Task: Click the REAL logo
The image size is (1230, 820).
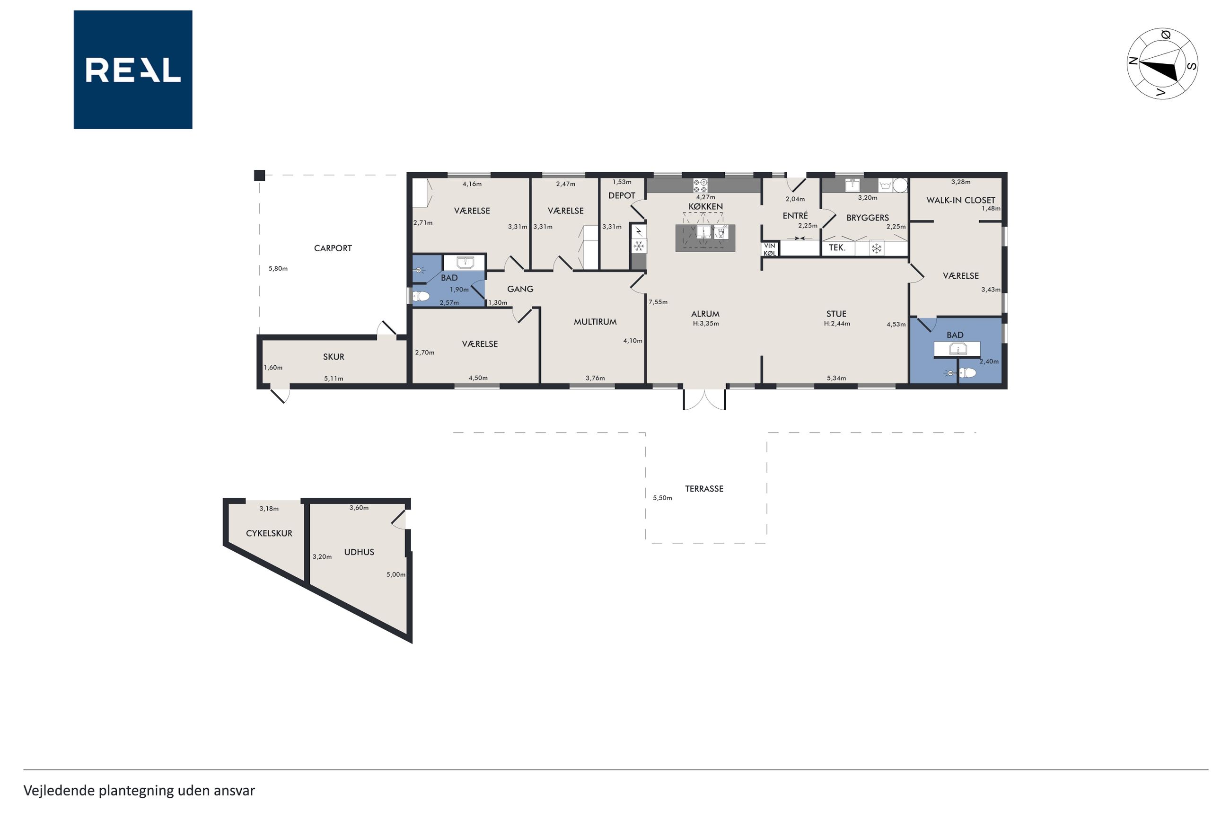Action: [x=133, y=70]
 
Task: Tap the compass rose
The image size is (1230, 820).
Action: [x=1161, y=64]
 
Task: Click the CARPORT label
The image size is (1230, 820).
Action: [x=333, y=248]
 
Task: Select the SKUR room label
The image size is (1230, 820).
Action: [x=334, y=357]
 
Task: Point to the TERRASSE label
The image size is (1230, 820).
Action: [x=703, y=489]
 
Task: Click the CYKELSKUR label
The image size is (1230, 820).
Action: [x=269, y=533]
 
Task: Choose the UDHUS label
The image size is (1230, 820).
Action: [x=359, y=552]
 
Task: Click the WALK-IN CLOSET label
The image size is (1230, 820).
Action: [x=960, y=200]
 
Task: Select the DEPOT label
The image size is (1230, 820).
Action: [x=622, y=195]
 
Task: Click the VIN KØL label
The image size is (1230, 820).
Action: [x=770, y=249]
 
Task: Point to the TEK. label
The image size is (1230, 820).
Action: [x=837, y=248]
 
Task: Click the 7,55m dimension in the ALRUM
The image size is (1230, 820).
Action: [x=658, y=302]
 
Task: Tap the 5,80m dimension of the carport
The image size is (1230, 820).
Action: [x=278, y=269]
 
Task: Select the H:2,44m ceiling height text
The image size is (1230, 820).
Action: [x=837, y=324]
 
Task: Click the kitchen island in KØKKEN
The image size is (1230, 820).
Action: [x=705, y=238]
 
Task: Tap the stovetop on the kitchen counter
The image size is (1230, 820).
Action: [x=701, y=185]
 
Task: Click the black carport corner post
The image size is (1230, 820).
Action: [x=259, y=176]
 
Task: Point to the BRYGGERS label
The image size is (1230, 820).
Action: [x=867, y=218]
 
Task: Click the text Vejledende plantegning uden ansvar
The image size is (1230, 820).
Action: [x=139, y=790]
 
